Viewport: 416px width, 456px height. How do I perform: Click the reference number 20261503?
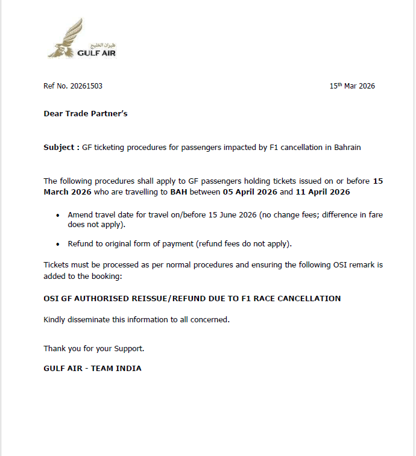tap(87, 86)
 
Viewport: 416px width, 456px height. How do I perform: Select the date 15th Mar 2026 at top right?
tap(352, 86)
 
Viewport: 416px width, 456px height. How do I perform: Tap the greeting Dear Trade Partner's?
tap(86, 113)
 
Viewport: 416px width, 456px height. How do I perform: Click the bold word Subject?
tap(59, 147)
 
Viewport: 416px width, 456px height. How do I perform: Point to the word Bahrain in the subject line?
tap(347, 147)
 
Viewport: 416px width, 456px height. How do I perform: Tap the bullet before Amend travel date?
tap(58, 216)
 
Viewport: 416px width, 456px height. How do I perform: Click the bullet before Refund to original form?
tap(58, 245)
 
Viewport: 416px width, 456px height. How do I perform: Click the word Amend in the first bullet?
tap(80, 215)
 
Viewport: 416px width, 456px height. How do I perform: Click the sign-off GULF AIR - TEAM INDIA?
tap(92, 368)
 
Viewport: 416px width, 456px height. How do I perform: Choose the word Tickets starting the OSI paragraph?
tap(56, 265)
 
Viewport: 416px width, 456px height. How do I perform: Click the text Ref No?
tap(56, 86)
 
